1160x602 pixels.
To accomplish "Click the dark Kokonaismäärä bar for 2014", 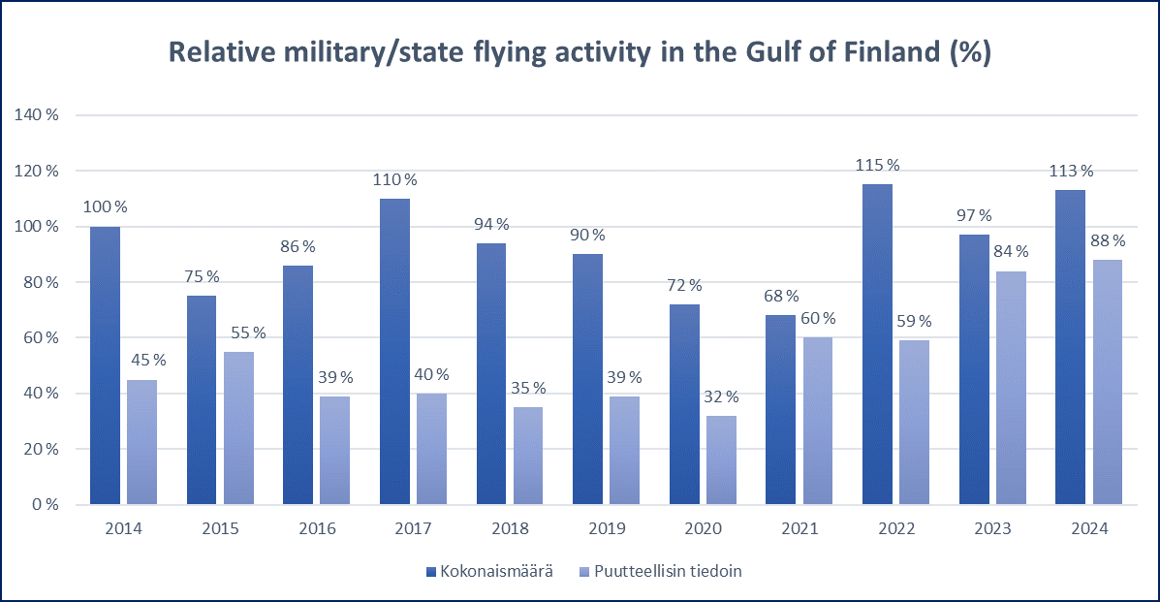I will (x=105, y=365).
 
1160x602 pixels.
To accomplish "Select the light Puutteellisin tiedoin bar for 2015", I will (x=238, y=428).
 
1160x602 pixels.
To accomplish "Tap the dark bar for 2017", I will (x=394, y=352).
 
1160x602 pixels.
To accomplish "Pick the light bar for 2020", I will (x=721, y=460).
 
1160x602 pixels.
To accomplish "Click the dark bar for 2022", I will (x=877, y=344).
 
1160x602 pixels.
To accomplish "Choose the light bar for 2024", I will (x=1108, y=382).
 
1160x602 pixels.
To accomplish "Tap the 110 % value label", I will (x=395, y=179).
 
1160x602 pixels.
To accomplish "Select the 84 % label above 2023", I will (x=1011, y=252).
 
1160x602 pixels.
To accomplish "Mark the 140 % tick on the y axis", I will (x=37, y=115).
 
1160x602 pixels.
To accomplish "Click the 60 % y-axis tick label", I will (x=41, y=338).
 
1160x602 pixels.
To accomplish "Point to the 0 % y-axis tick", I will (x=45, y=505).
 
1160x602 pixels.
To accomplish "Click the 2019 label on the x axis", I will (x=607, y=529).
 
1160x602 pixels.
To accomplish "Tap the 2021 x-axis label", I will (x=799, y=529).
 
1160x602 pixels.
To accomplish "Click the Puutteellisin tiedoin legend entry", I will (x=669, y=572).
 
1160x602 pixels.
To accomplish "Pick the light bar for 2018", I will (x=528, y=456).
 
